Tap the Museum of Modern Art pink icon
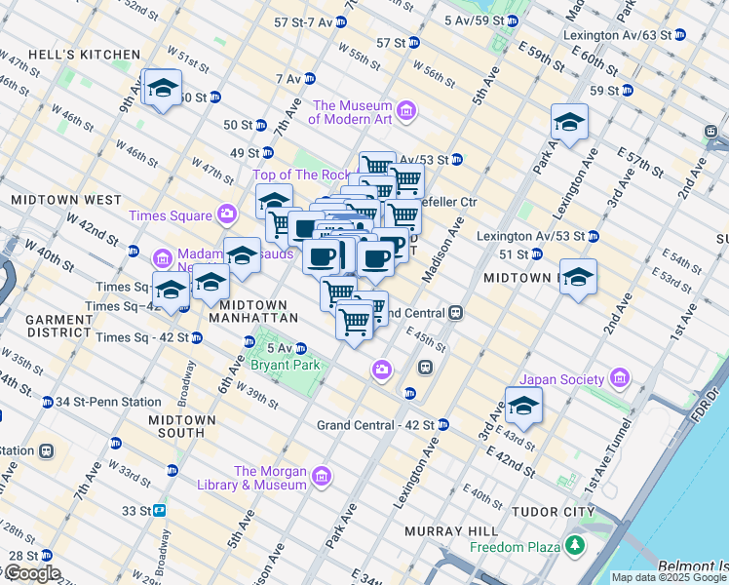406,112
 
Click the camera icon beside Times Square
227,214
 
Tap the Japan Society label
563,378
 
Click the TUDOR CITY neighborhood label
555,512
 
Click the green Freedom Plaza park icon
577,545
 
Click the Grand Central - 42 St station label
375,425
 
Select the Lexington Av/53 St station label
530,236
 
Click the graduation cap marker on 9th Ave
163,87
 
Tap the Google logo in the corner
31,573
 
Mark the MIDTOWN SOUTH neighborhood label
163,425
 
